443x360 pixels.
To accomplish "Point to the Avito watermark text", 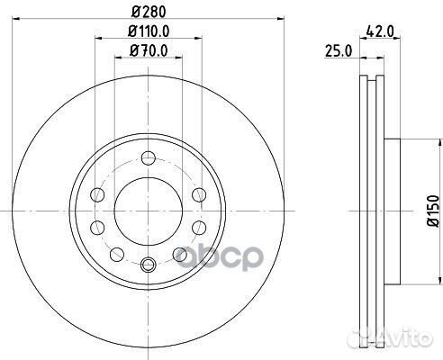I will click(411, 338).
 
